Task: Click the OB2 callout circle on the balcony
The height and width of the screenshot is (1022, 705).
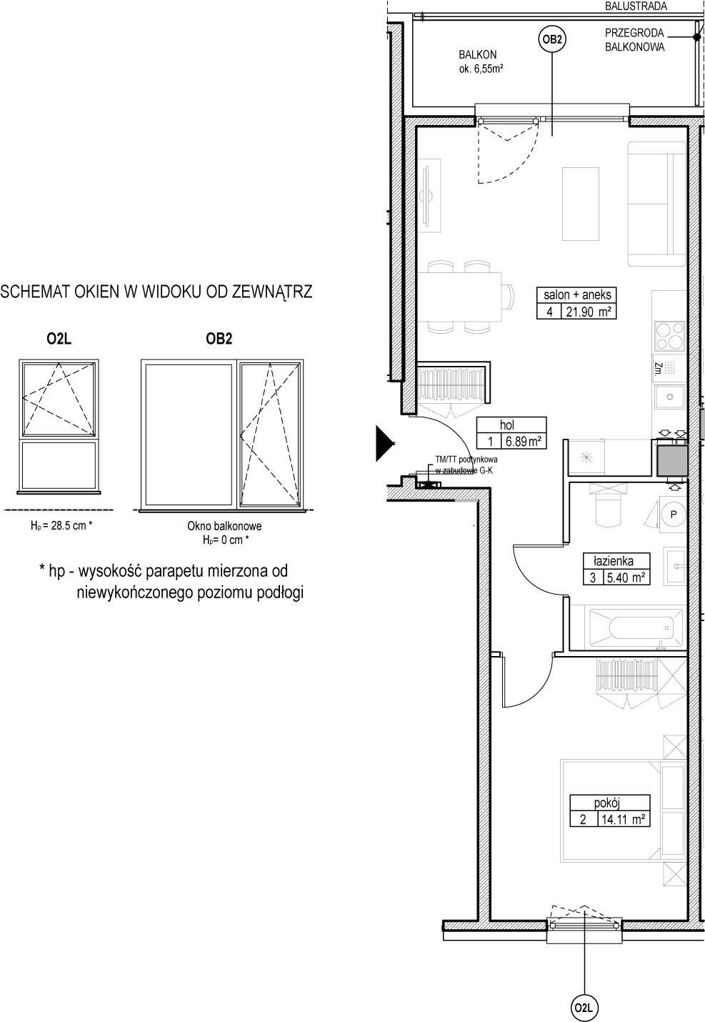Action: pyautogui.click(x=551, y=39)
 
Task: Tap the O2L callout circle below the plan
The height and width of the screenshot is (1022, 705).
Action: pyautogui.click(x=584, y=1008)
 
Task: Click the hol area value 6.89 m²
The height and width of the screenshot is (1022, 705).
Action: pyautogui.click(x=523, y=441)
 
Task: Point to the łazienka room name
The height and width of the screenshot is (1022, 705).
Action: pyautogui.click(x=613, y=560)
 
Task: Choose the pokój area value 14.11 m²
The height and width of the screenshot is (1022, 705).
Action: pyautogui.click(x=623, y=819)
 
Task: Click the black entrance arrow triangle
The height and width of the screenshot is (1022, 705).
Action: pyautogui.click(x=385, y=443)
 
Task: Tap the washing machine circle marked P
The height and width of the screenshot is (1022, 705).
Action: pyautogui.click(x=673, y=514)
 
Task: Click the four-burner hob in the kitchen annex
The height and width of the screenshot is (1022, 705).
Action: pyautogui.click(x=669, y=336)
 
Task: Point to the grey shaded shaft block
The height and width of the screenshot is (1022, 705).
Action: pyautogui.click(x=672, y=461)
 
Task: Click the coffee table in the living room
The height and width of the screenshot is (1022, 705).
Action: pyautogui.click(x=580, y=204)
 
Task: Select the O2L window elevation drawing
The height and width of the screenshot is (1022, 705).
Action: pyautogui.click(x=59, y=427)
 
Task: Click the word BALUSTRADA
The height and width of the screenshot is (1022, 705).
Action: pyautogui.click(x=636, y=6)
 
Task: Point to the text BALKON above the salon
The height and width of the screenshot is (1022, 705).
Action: pyautogui.click(x=477, y=55)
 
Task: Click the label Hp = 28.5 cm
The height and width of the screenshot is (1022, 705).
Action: pyautogui.click(x=61, y=525)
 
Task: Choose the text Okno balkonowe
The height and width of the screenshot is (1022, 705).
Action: pyautogui.click(x=224, y=526)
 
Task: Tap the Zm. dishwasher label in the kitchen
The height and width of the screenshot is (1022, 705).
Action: pyautogui.click(x=658, y=367)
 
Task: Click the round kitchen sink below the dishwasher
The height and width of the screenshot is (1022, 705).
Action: pyautogui.click(x=669, y=397)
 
